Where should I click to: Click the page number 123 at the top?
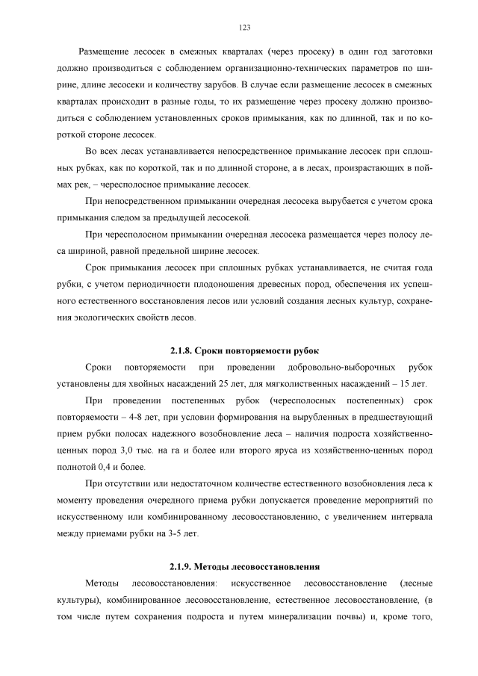(244, 28)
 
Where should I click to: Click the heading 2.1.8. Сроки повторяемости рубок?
(244, 350)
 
